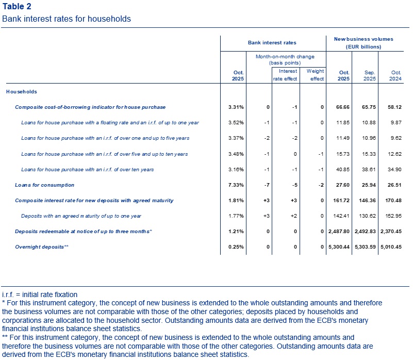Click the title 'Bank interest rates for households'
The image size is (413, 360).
click(66, 19)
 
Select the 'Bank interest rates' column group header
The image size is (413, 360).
click(272, 43)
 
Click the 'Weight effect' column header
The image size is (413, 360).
click(315, 75)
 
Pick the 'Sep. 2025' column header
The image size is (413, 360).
click(369, 75)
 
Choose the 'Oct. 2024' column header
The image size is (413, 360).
click(395, 75)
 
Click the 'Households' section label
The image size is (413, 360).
click(21, 91)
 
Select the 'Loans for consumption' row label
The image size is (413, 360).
click(44, 185)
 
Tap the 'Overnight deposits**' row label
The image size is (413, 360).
click(41, 247)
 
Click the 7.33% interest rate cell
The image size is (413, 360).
click(236, 185)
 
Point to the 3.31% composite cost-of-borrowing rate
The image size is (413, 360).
click(236, 107)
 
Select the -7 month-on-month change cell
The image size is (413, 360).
click(266, 185)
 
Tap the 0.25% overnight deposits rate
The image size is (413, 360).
click(236, 247)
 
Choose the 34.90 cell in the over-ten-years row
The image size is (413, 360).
click(394, 169)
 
